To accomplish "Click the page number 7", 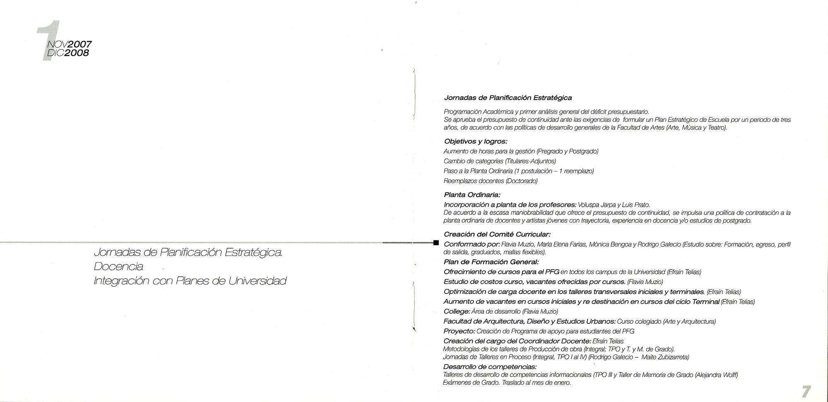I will click(806, 391).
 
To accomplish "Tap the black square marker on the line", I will click(436, 243).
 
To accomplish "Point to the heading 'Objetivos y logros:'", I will click(475, 141).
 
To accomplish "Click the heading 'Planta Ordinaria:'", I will click(472, 194).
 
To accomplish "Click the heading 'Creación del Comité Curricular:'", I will click(497, 234).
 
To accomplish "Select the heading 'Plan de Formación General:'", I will click(491, 262).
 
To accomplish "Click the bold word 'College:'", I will click(457, 311).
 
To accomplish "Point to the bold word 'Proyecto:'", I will click(459, 331).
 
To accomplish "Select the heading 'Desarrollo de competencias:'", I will click(490, 367).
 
